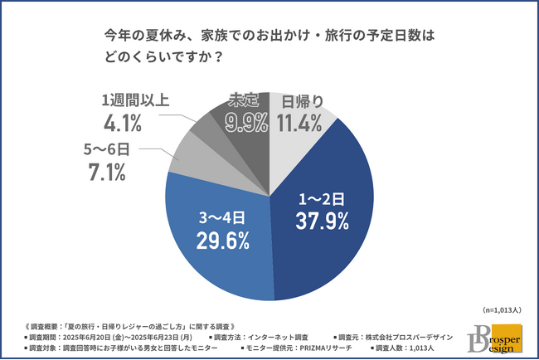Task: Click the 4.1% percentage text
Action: tap(122, 124)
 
